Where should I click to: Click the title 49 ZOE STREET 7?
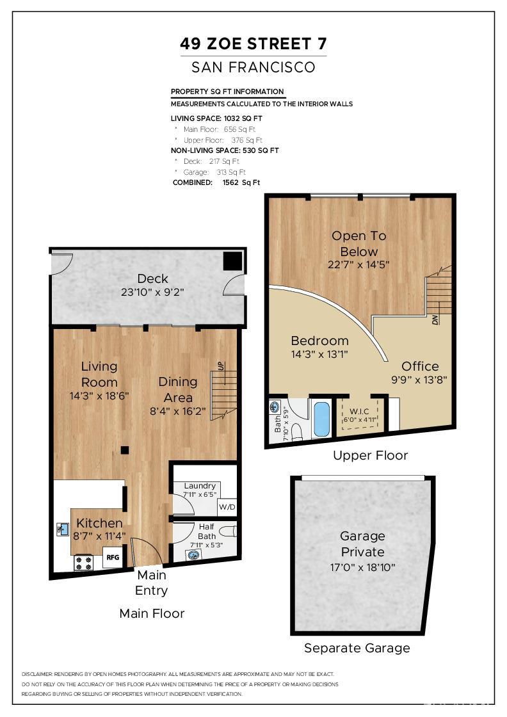pos(253,44)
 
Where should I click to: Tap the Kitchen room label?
pos(99,523)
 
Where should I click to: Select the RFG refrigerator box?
pos(113,558)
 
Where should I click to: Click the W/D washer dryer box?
pos(227,507)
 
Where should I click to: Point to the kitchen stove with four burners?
pos(84,562)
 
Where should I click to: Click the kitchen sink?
pos(63,529)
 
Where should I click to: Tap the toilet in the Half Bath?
pos(228,531)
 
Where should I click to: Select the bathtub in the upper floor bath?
pos(321,419)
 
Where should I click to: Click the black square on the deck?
pos(232,261)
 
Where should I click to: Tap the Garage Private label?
pos(362,544)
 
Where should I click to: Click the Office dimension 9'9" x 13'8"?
pos(420,379)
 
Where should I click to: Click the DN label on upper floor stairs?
pos(436,318)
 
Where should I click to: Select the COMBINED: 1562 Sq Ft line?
pos(216,182)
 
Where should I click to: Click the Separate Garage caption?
pos(357,648)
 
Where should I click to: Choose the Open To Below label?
pos(358,243)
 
